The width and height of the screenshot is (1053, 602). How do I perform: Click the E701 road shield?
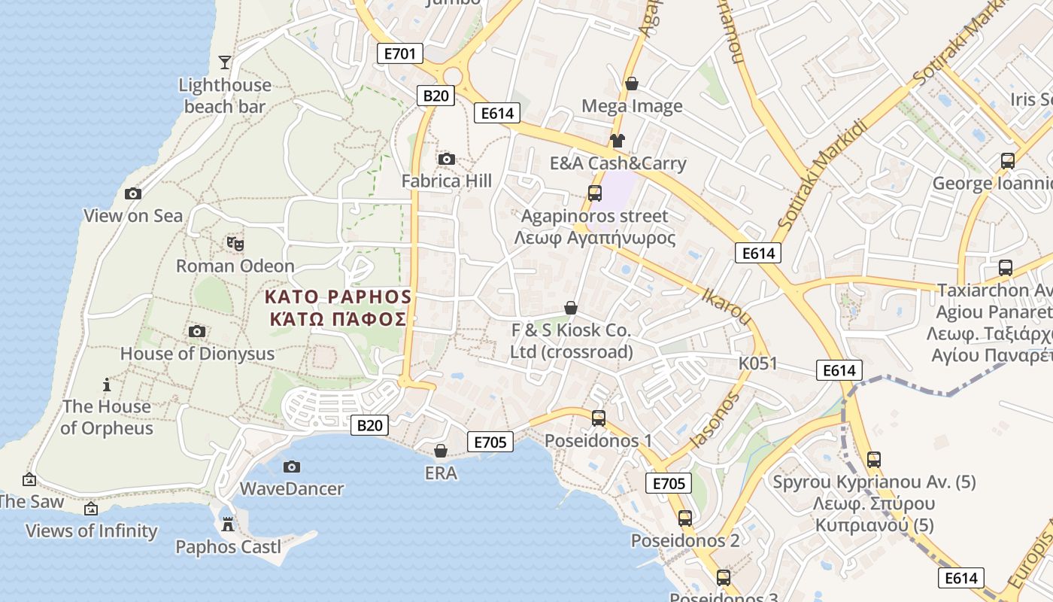tap(400, 53)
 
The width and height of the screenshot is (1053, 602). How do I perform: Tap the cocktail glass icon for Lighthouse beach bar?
tap(224, 62)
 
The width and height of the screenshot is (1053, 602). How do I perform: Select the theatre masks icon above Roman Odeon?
tap(235, 243)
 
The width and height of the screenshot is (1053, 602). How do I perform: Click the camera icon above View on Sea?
tap(133, 193)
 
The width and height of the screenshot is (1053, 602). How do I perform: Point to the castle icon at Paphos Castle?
tap(228, 524)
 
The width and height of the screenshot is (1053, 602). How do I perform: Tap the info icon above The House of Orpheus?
tap(107, 385)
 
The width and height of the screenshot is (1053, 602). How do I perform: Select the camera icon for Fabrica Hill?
tap(446, 159)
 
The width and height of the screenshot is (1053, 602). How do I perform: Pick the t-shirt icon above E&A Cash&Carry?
tap(618, 140)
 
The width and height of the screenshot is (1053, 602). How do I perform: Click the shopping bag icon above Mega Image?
tap(632, 84)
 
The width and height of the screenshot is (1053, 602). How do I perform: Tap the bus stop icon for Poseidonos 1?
tap(599, 418)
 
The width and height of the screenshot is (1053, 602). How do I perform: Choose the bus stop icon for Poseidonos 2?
tap(684, 518)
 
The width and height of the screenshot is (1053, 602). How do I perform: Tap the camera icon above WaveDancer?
tap(292, 467)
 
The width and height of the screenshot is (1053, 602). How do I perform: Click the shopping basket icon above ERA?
tap(441, 451)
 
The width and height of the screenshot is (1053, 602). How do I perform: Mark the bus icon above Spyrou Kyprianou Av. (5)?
tap(873, 459)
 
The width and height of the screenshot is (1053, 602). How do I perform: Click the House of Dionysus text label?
tap(197, 354)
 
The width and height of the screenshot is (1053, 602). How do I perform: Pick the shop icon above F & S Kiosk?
tap(571, 308)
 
